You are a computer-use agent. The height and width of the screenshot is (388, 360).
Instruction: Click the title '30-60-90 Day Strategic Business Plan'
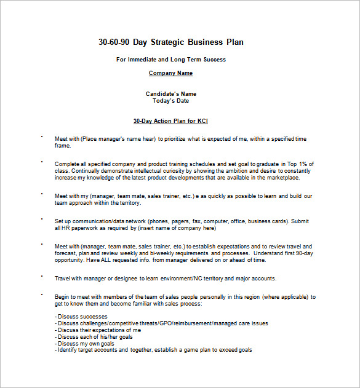[x=170, y=42]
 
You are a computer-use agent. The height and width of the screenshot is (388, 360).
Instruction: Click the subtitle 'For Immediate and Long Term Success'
[x=170, y=60]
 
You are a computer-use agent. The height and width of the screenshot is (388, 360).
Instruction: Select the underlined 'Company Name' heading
[x=170, y=73]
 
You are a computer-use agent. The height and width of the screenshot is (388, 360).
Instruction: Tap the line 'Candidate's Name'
[x=170, y=94]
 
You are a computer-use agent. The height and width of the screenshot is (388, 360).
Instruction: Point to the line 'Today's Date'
[x=170, y=101]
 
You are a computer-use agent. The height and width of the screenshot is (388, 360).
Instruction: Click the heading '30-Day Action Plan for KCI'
[x=170, y=121]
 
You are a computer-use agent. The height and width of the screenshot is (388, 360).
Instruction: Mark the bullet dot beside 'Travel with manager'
[x=42, y=276]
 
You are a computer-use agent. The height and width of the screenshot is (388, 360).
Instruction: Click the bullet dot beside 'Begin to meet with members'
[x=42, y=295]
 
